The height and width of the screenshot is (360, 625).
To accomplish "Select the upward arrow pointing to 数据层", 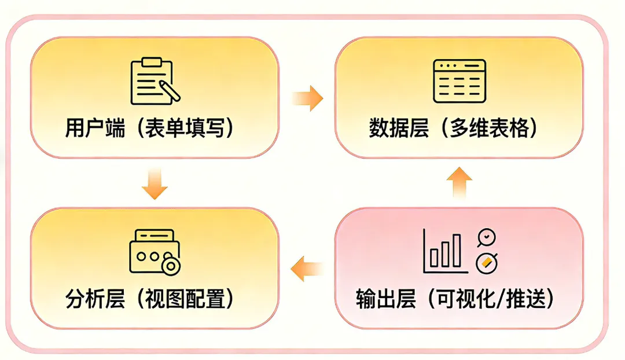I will [459, 182].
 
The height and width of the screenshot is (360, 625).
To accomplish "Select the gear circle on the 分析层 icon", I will [171, 265].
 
